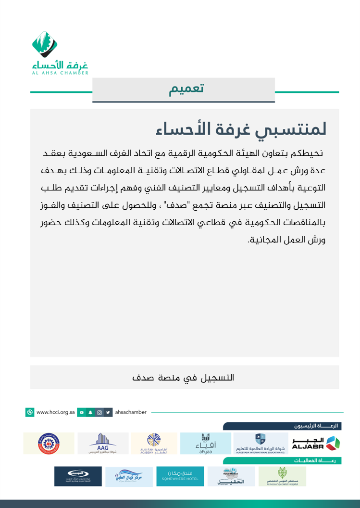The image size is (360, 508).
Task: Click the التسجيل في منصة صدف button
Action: pos(184,377)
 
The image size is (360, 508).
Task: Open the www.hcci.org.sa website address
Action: pos(55,412)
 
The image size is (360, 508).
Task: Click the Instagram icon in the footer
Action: pos(99,412)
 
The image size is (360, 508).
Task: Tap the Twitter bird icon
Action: pos(109,412)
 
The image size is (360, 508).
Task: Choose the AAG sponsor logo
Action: pos(103,443)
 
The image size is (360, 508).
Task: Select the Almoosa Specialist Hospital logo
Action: pos(282,476)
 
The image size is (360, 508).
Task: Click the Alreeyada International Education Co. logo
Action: pos(260,443)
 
